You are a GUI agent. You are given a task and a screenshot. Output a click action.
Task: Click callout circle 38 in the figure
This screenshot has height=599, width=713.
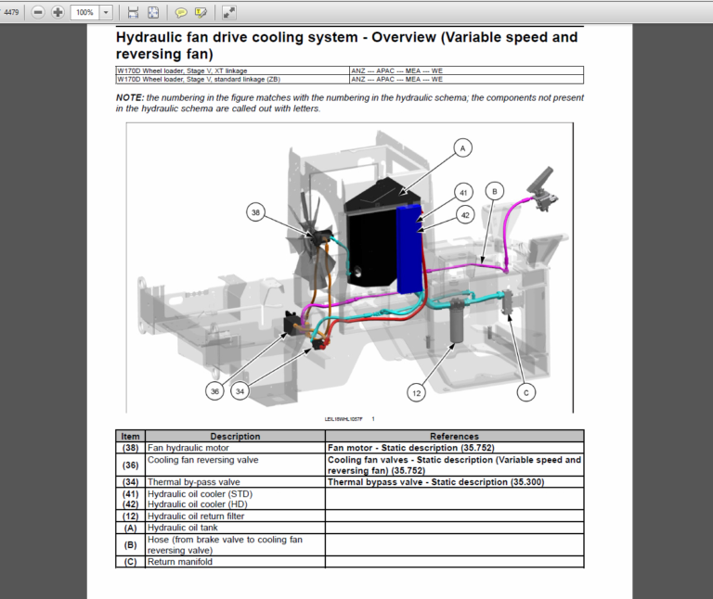256,212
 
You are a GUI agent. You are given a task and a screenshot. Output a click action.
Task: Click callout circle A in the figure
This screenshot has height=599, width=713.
463,147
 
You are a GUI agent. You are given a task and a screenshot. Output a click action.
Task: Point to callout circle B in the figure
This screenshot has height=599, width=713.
494,191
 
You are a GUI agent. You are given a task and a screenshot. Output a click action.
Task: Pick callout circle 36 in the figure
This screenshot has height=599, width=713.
214,391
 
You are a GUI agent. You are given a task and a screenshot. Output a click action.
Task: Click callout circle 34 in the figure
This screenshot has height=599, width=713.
240,391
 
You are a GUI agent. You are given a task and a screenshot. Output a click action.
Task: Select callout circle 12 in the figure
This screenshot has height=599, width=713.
417,392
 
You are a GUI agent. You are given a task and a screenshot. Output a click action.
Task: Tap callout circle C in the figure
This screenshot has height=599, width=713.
525,392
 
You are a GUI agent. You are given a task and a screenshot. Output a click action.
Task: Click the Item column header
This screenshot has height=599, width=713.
131,436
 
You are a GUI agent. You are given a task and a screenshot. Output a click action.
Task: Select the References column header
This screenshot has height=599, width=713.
454,436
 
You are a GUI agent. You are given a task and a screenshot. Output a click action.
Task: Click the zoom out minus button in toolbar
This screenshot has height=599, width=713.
38,12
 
